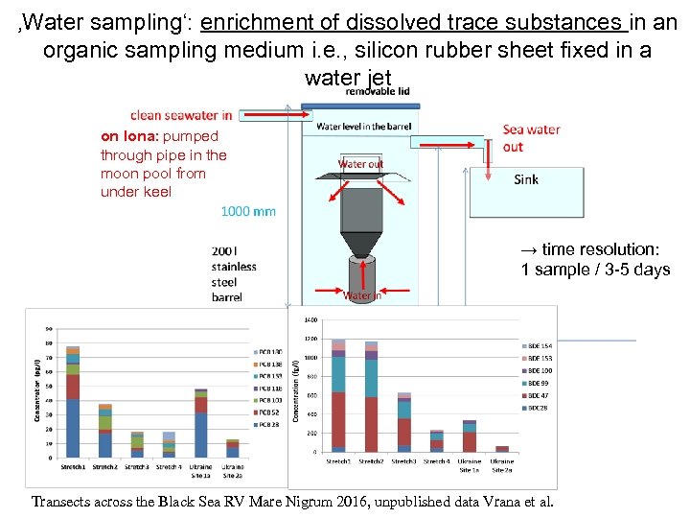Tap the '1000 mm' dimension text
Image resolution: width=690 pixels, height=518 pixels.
click(248, 211)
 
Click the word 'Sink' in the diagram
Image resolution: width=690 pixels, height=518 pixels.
click(526, 179)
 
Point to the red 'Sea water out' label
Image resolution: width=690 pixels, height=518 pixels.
click(531, 138)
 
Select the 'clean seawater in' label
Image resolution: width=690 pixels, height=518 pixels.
click(181, 115)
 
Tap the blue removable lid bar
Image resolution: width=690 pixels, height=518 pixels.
click(365, 103)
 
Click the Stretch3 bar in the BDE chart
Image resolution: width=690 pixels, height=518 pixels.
click(403, 422)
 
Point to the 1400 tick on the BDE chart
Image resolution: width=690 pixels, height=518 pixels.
click(310, 319)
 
